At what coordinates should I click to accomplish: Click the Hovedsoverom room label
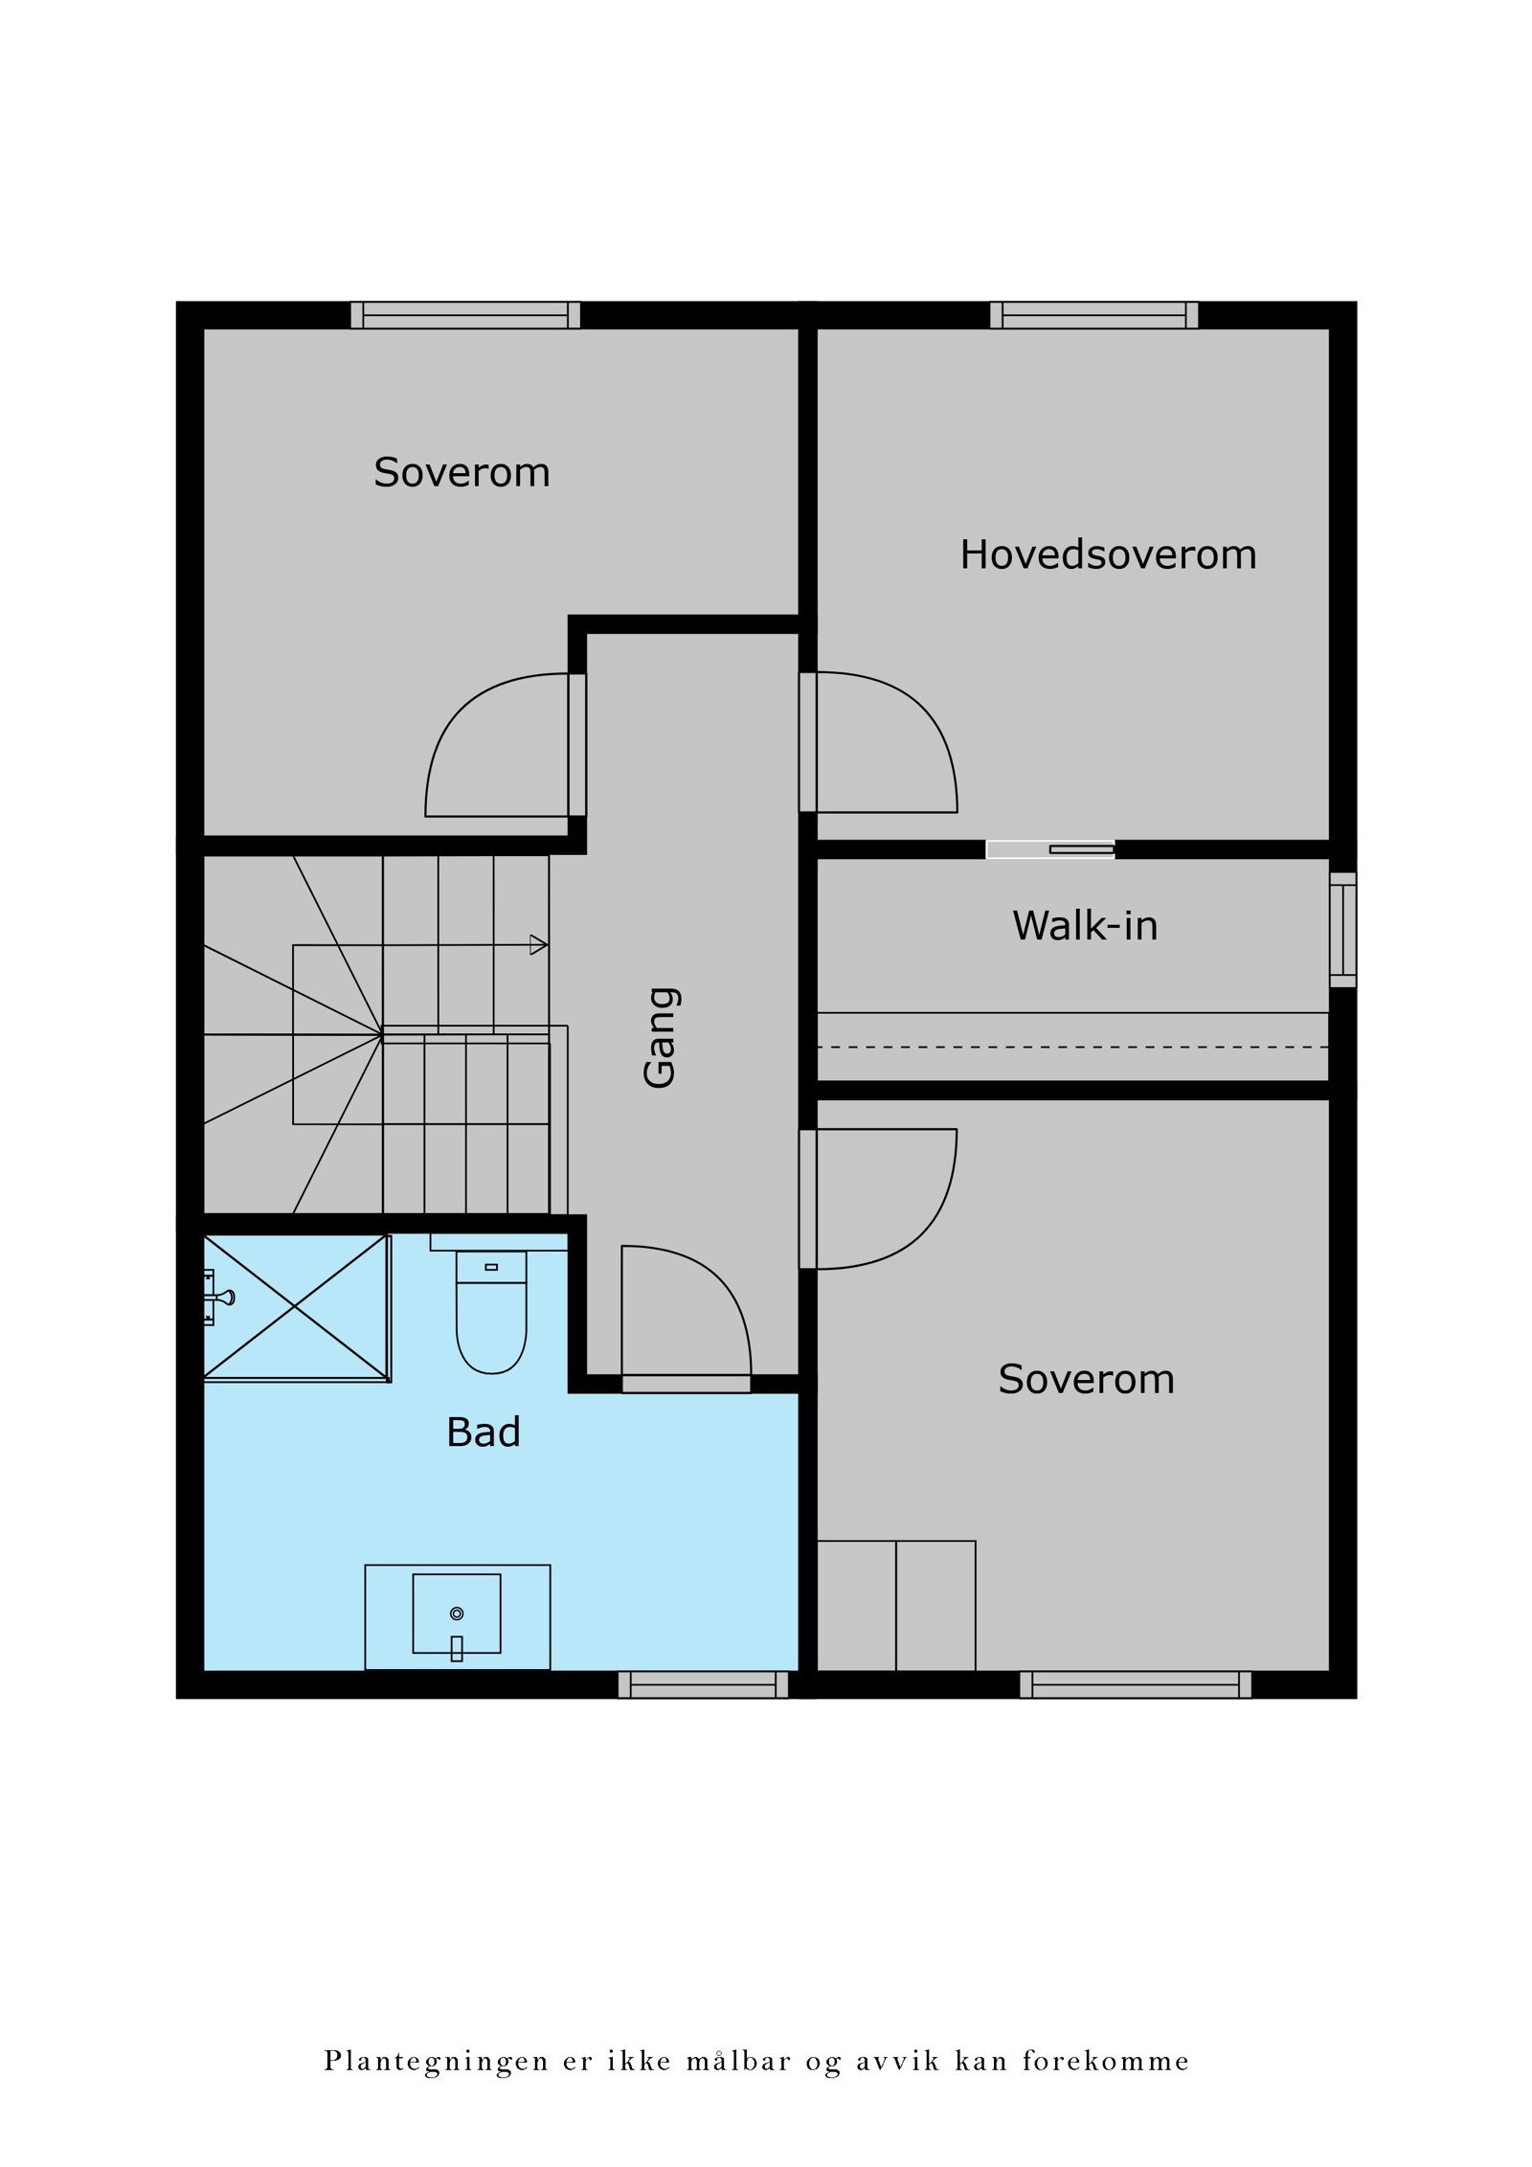click(1108, 555)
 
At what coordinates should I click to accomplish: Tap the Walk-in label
click(1085, 926)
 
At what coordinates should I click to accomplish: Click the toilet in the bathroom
click(491, 1309)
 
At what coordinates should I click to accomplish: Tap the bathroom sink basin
click(457, 1614)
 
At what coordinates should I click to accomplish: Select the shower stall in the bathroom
click(297, 1307)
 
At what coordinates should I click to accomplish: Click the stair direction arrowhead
click(539, 945)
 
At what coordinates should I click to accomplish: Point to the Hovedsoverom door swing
click(886, 742)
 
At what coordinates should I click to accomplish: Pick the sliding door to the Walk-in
click(1050, 849)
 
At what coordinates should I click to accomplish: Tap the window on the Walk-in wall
click(1343, 929)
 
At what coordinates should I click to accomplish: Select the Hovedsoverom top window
click(1093, 315)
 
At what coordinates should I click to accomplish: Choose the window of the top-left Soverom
click(465, 315)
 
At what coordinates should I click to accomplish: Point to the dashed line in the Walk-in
click(1072, 1048)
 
